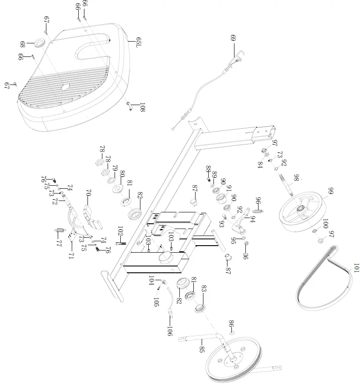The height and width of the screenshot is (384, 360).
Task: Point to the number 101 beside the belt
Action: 356,268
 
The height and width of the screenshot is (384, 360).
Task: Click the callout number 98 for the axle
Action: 297,178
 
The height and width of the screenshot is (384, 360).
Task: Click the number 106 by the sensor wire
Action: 169,331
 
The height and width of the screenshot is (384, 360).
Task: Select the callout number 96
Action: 259,202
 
